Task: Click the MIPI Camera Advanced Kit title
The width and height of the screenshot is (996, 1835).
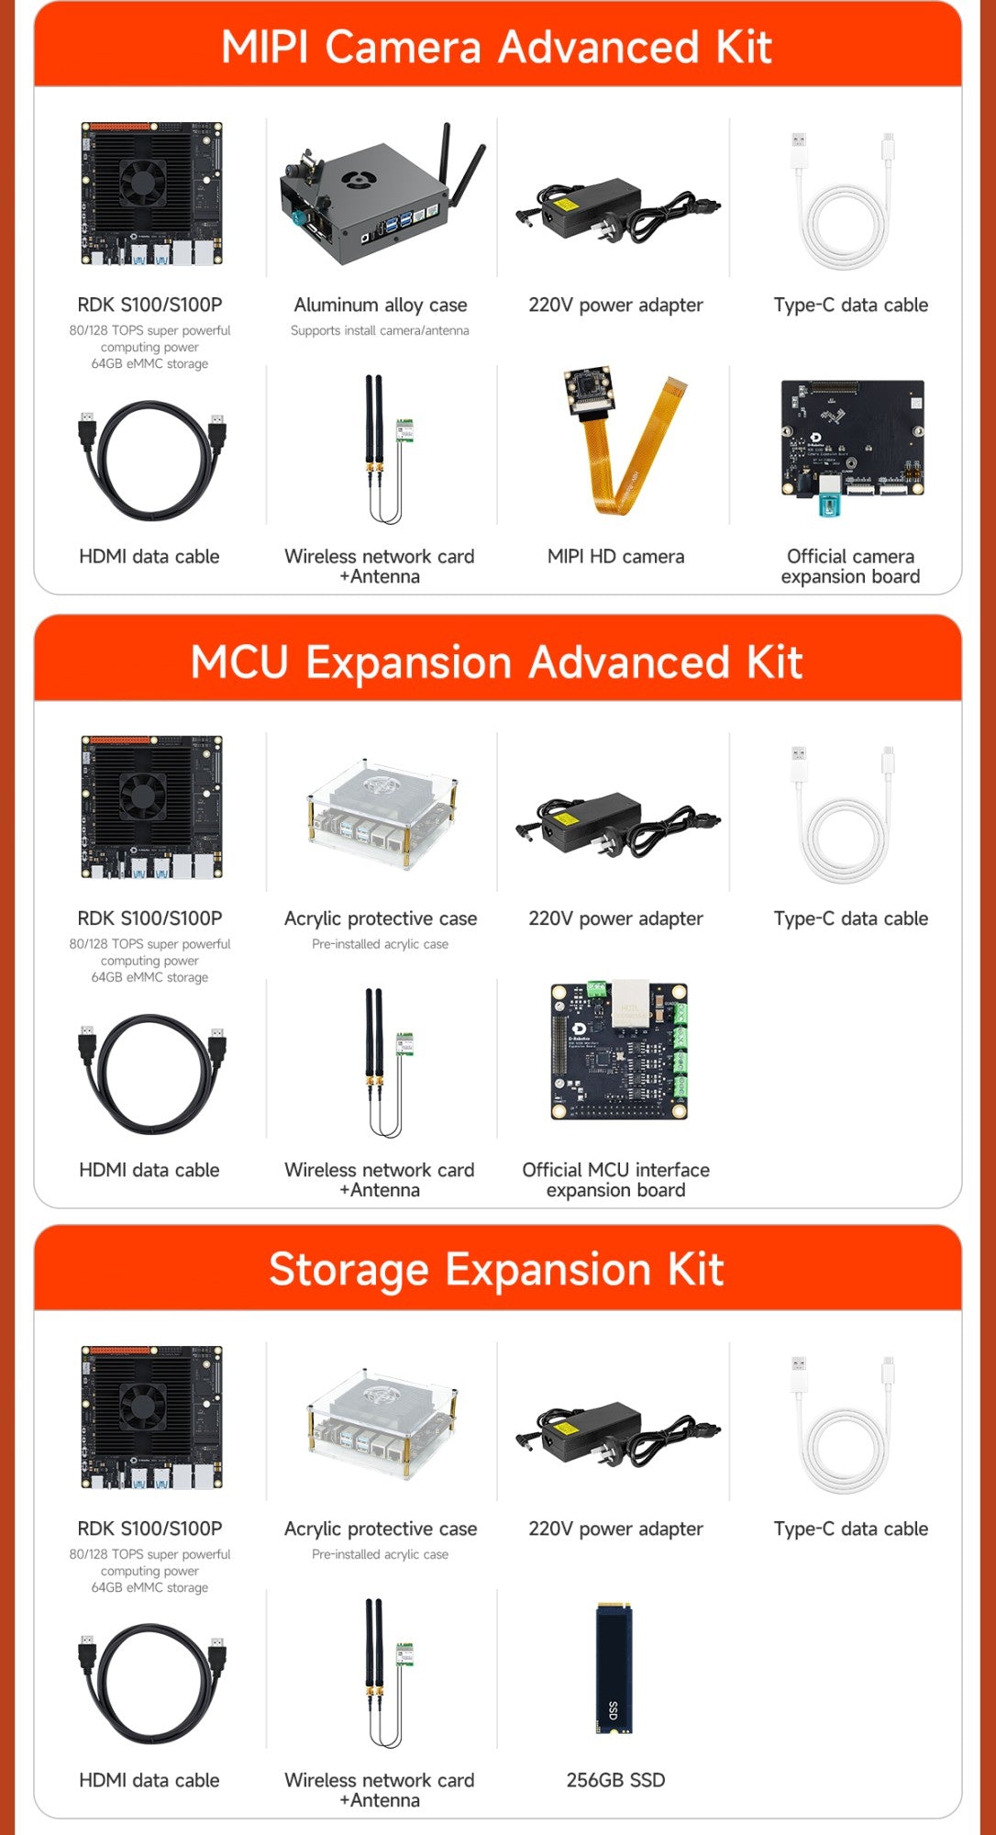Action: [496, 47]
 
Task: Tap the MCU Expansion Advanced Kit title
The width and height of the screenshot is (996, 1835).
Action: [496, 662]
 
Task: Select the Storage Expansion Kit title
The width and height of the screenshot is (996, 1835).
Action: [496, 1270]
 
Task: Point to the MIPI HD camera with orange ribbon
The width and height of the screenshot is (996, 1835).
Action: [615, 444]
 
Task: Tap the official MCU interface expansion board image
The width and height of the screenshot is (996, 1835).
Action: [617, 1051]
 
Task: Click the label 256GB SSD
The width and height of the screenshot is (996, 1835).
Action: [615, 1779]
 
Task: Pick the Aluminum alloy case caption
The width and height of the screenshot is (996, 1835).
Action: [381, 305]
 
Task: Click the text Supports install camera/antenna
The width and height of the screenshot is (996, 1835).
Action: [380, 330]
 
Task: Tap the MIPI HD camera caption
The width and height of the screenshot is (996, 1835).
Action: [615, 556]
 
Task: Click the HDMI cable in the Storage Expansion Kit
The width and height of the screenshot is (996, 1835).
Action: [151, 1683]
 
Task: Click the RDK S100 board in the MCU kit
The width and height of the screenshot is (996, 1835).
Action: [151, 806]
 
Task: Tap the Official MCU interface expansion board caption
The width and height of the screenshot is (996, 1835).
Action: [615, 1180]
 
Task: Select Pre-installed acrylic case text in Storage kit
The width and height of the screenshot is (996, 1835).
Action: [380, 1554]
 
